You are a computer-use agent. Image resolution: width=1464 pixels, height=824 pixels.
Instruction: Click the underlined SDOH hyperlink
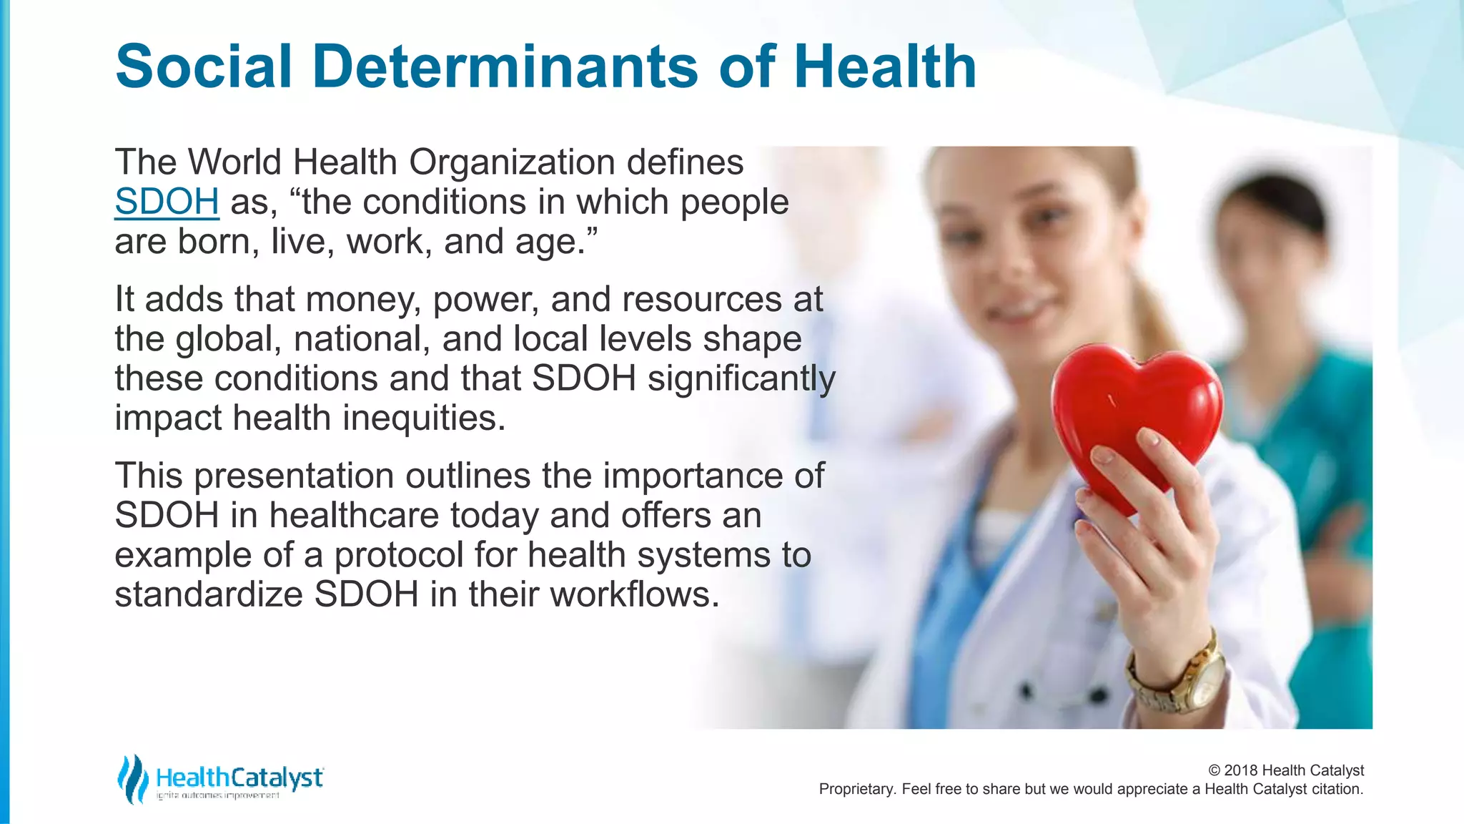click(167, 202)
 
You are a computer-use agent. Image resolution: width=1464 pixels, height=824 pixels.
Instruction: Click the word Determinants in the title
click(505, 67)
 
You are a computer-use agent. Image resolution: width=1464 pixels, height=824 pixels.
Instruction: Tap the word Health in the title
click(884, 67)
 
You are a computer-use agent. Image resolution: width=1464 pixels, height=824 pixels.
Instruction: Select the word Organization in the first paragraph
click(512, 162)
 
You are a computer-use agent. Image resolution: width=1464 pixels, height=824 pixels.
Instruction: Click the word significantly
click(741, 378)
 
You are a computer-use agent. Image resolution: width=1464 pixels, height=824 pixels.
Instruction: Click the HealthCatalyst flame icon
click(132, 779)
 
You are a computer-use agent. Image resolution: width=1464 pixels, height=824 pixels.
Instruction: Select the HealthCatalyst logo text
click(239, 778)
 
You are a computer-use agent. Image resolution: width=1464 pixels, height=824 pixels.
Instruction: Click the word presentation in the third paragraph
click(293, 476)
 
